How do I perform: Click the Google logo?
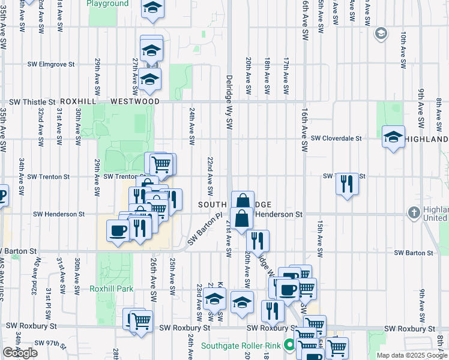[20, 353]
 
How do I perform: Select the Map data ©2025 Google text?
[412, 356]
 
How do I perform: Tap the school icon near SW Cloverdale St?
[393, 137]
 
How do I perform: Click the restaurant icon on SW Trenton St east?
[346, 183]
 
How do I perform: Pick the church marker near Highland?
[414, 212]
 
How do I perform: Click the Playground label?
[107, 4]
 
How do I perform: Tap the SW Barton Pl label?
[204, 230]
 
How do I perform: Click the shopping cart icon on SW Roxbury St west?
[141, 321]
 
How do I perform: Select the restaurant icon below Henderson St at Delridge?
[258, 241]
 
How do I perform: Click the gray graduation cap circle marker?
[379, 33]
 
